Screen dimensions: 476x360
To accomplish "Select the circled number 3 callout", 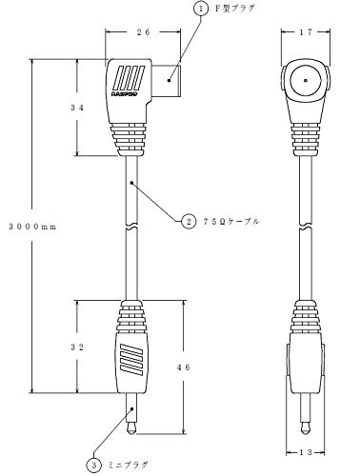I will point(94,466).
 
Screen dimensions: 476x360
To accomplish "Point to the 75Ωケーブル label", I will point(231,221).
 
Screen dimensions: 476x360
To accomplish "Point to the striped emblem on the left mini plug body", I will point(130,360).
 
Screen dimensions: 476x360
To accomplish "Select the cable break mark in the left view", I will point(130,228).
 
